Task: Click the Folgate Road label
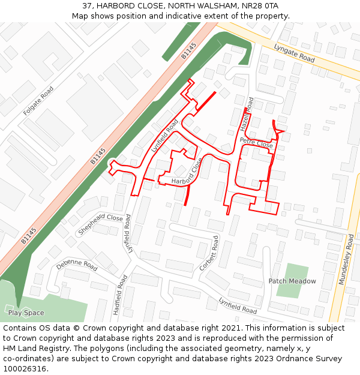(38, 101)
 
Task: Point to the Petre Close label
(256, 142)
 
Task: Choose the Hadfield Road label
(119, 295)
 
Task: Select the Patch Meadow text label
(292, 281)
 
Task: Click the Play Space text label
(26, 313)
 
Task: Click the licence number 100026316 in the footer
(24, 368)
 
